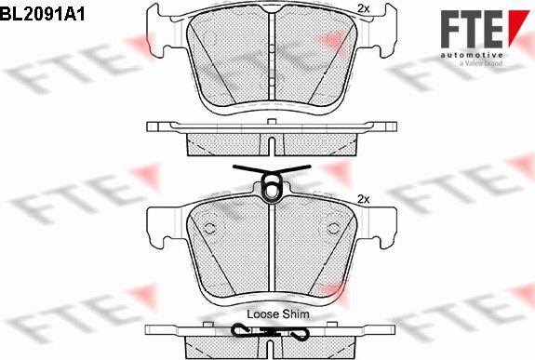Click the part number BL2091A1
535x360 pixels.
42,14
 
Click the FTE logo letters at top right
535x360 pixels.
472,29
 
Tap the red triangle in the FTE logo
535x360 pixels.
518,27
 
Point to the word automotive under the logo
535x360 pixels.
472,55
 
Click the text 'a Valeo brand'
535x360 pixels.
481,63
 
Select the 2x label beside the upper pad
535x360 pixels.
364,9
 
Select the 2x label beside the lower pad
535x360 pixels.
364,199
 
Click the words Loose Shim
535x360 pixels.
278,314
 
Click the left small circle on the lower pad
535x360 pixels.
209,228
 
